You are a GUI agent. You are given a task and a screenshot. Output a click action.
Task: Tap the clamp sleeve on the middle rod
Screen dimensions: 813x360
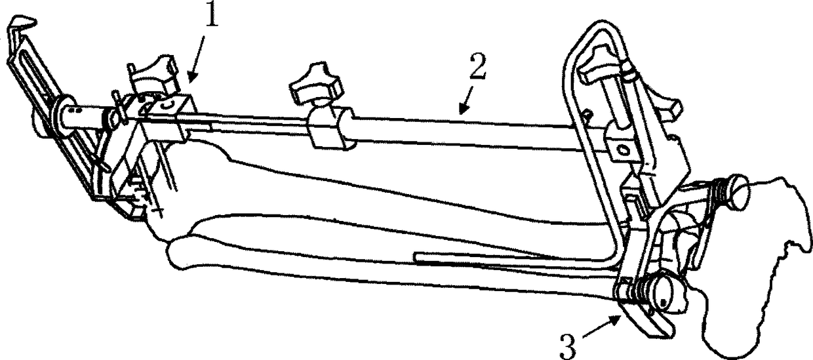(327, 127)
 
